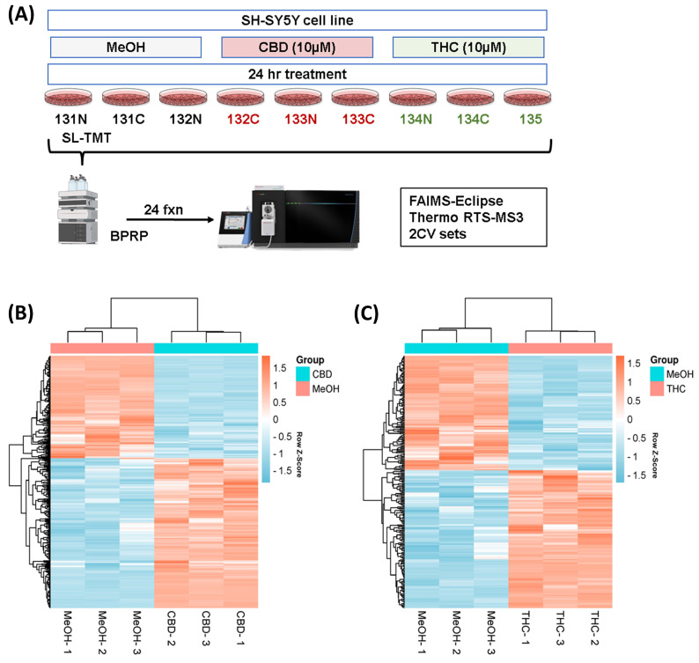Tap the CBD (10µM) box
pyautogui.click(x=298, y=47)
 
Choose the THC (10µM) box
pyautogui.click(x=468, y=47)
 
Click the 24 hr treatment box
pyautogui.click(x=298, y=73)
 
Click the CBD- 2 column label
pyautogui.click(x=173, y=630)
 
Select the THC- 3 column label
pyautogui.click(x=561, y=630)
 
